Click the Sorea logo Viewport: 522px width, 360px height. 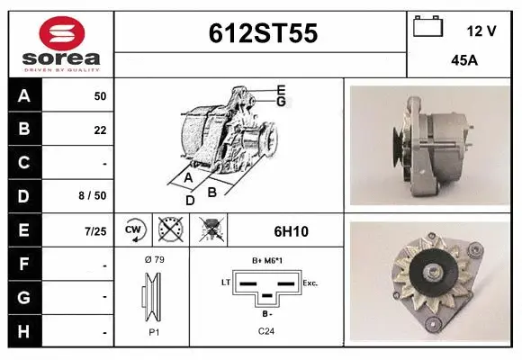60,43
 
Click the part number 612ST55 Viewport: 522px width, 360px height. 262,33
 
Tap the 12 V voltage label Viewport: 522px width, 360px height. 481,31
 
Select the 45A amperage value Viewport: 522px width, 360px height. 464,62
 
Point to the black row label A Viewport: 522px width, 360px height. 24,94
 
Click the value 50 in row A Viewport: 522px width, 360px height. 100,95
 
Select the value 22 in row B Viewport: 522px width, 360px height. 100,129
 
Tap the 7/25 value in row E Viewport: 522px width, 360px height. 95,231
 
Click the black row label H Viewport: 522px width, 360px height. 24,332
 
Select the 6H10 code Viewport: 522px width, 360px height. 290,231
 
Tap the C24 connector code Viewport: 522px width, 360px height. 265,331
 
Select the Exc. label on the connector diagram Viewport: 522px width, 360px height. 310,283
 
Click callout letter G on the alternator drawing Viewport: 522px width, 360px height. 281,102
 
